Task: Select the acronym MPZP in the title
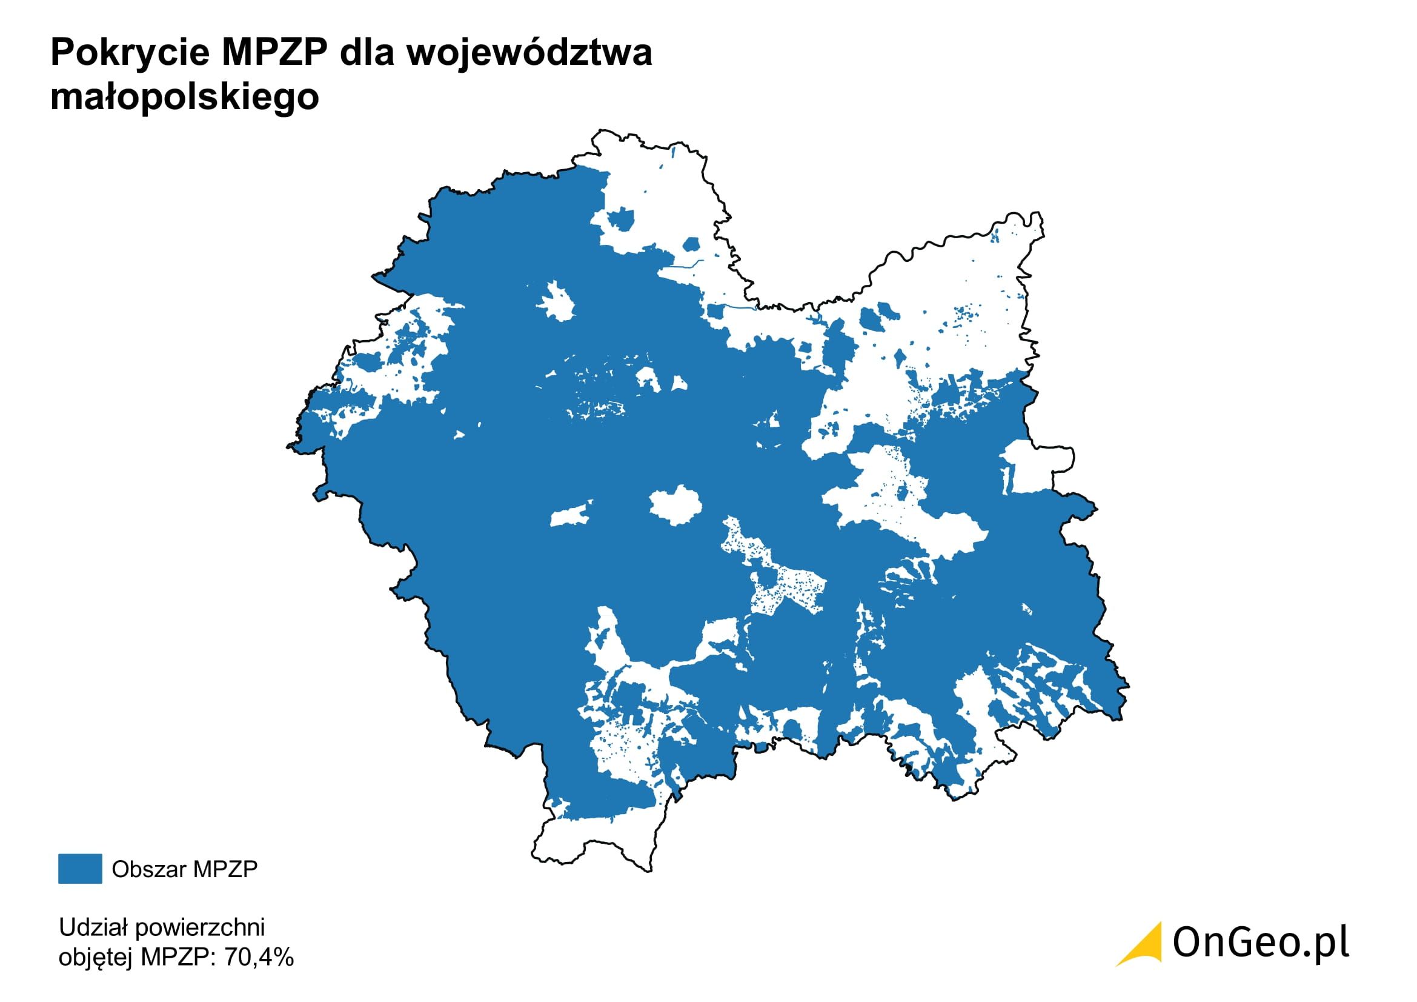(274, 53)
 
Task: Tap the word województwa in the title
(529, 53)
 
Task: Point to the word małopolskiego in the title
(185, 98)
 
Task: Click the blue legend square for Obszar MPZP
(80, 869)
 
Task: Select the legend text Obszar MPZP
(185, 869)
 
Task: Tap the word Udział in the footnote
(93, 927)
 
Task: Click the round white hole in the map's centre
(674, 504)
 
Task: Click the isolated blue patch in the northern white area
(620, 219)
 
